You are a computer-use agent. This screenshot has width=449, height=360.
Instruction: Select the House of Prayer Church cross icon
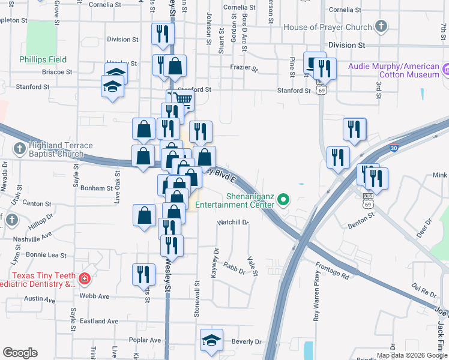(x=381, y=26)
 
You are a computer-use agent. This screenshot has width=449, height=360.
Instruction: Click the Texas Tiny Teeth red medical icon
(x=85, y=278)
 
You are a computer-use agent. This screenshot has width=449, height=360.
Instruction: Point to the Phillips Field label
(x=43, y=59)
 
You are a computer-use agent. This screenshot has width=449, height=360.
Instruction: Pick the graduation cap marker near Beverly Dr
(x=211, y=340)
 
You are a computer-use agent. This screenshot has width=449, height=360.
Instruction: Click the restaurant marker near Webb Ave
(x=143, y=274)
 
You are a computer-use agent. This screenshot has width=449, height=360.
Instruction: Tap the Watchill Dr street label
(x=233, y=222)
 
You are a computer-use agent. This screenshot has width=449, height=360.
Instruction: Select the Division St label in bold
(x=346, y=45)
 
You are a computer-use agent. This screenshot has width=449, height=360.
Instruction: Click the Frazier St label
(x=244, y=68)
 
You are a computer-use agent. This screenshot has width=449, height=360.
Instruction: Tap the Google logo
(x=20, y=353)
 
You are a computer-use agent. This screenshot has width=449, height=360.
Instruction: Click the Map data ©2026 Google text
(x=411, y=355)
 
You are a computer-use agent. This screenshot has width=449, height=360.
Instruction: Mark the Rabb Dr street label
(x=234, y=270)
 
